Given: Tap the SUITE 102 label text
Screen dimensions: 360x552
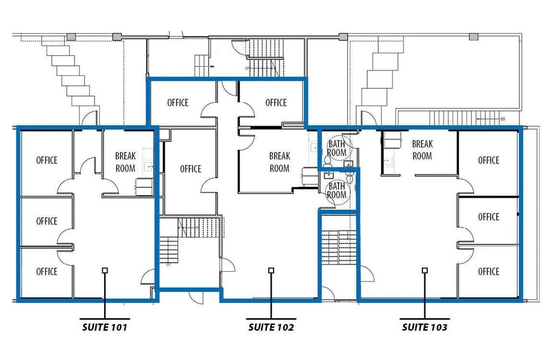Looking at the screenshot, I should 271,328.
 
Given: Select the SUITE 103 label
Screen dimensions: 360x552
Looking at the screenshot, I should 424,328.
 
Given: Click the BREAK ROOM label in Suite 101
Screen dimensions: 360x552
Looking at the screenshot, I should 125,162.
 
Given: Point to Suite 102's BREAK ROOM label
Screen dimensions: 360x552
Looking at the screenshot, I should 279,162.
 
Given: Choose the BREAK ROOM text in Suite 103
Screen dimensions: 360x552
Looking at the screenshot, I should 422,150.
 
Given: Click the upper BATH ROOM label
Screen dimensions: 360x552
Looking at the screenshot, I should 337,148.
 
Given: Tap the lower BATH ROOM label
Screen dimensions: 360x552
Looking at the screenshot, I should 337,190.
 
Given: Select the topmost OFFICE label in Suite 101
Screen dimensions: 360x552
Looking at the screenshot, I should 47,160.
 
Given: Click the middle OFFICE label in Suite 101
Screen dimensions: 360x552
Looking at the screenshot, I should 47,221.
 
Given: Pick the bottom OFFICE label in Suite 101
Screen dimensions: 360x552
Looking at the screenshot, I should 47,271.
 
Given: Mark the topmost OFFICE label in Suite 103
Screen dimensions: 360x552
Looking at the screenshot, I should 488,160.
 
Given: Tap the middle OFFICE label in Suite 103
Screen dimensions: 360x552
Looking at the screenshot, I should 488,217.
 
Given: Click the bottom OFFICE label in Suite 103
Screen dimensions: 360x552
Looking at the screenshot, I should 488,271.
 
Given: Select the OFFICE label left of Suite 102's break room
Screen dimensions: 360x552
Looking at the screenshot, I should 190,169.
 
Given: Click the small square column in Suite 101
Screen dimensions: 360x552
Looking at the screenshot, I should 105,270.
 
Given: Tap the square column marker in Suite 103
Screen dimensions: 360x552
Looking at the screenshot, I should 424,270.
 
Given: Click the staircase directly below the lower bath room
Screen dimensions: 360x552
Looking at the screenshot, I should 338,247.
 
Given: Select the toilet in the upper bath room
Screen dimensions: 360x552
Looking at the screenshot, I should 327,160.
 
